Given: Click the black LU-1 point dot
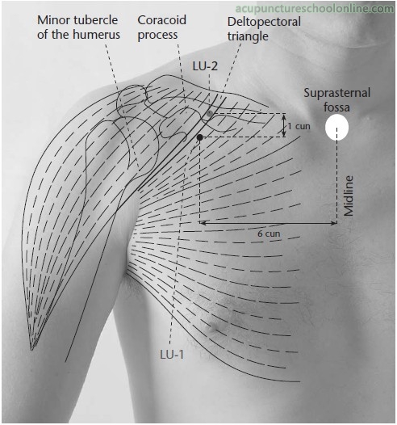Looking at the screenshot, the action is [200, 137].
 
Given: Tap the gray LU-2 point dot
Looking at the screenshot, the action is [210, 114].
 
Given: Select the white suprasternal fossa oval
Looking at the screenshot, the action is [336, 127].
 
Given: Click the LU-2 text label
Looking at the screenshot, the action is [205, 66].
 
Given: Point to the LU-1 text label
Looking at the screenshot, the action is [172, 355].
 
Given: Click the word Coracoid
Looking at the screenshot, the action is [162, 20].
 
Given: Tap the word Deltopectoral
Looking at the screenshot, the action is [264, 22].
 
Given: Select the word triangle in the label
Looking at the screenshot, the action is [248, 36].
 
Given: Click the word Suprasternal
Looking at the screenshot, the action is [337, 93].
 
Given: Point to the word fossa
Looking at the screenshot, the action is [336, 107].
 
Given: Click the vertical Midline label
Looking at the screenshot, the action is [349, 196].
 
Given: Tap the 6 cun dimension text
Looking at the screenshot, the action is [269, 234].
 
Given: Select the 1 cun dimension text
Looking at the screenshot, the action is [299, 126].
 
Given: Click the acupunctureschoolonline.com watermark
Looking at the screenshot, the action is [315, 8].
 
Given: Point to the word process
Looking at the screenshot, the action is [157, 36].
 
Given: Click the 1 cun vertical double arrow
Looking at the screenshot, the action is [283, 125].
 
